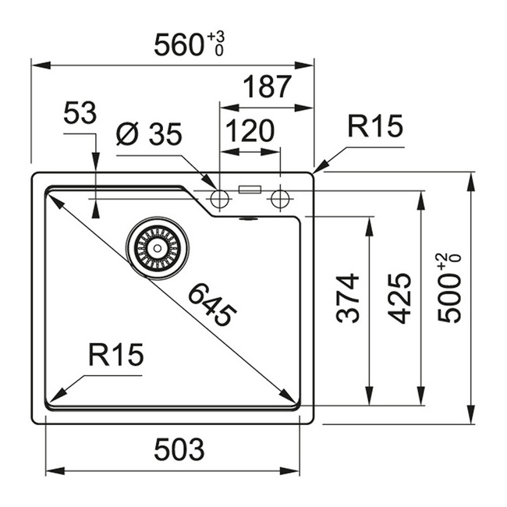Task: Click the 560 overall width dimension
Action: click(178, 45)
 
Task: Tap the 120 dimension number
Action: click(250, 131)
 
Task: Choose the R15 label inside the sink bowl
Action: click(115, 356)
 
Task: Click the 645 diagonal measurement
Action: click(211, 305)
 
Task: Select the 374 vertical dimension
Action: click(349, 298)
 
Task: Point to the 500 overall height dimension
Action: click(450, 295)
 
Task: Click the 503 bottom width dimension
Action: click(179, 449)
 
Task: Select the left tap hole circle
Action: click(220, 199)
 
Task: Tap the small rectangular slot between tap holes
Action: click(250, 188)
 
